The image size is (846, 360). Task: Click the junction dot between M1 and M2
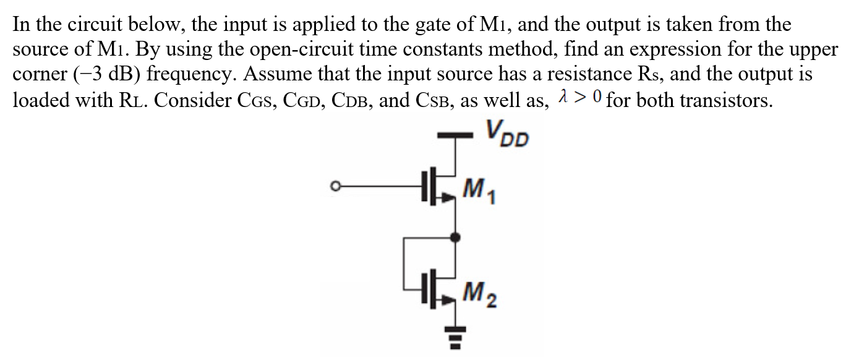456,236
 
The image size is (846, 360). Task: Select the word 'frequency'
187,74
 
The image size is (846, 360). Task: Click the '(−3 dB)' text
102,74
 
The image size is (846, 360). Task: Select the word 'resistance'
575,74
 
